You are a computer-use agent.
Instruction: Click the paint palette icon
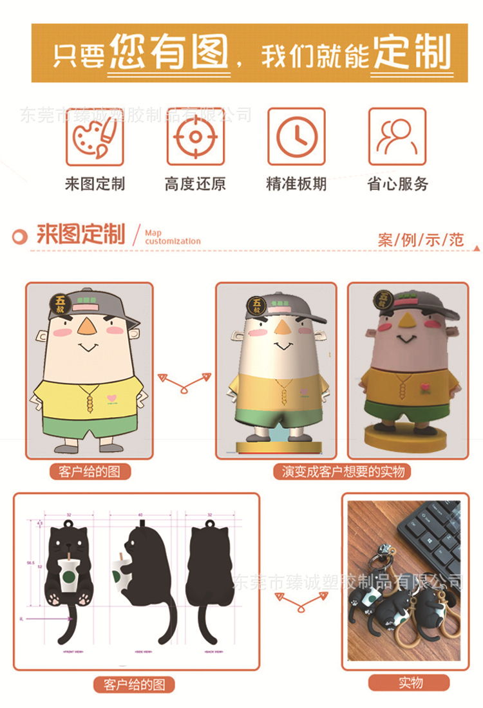95,136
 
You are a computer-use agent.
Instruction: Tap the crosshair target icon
196,136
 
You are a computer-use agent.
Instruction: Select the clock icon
297,136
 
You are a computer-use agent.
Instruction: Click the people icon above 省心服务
397,136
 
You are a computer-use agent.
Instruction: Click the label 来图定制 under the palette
95,184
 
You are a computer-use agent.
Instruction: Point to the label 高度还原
196,184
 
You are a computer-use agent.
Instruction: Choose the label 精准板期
297,184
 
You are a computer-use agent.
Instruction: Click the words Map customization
173,237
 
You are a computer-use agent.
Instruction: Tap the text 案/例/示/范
421,240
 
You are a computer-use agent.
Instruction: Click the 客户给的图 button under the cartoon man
90,472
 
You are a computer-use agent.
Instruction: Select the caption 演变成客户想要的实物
343,472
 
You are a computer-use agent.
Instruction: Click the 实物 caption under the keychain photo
410,682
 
